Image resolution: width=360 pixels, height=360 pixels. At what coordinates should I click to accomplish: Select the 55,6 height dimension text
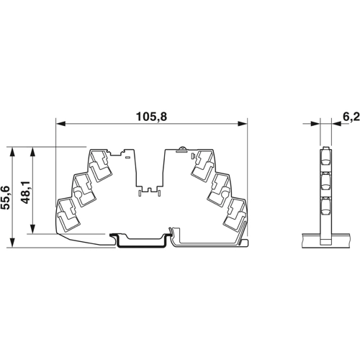[x=6, y=196]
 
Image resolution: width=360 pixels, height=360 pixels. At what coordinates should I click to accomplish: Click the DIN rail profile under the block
[x=141, y=240]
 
